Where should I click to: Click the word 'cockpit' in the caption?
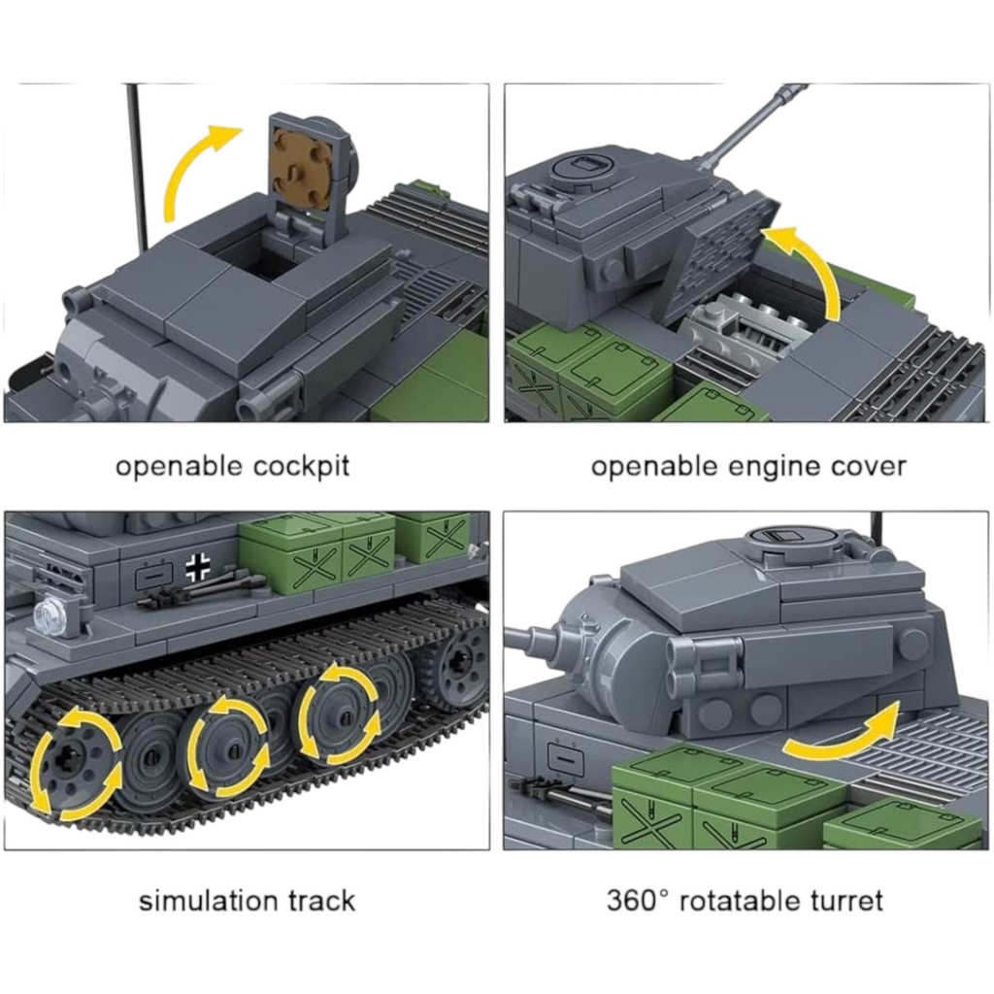(301, 467)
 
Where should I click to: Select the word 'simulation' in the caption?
(209, 901)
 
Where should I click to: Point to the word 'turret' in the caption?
(846, 901)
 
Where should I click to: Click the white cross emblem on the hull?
(198, 567)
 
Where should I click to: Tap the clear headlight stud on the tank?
(49, 613)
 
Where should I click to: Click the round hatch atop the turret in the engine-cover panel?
(583, 167)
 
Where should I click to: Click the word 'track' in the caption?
(321, 901)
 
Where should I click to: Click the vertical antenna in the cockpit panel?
(136, 166)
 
